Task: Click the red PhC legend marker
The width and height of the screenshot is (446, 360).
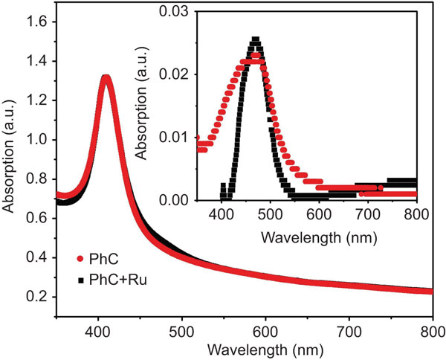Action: tap(80, 259)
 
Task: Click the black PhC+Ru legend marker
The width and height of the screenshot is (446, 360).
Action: tap(80, 279)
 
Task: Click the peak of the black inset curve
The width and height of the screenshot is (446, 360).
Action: tap(255, 39)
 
